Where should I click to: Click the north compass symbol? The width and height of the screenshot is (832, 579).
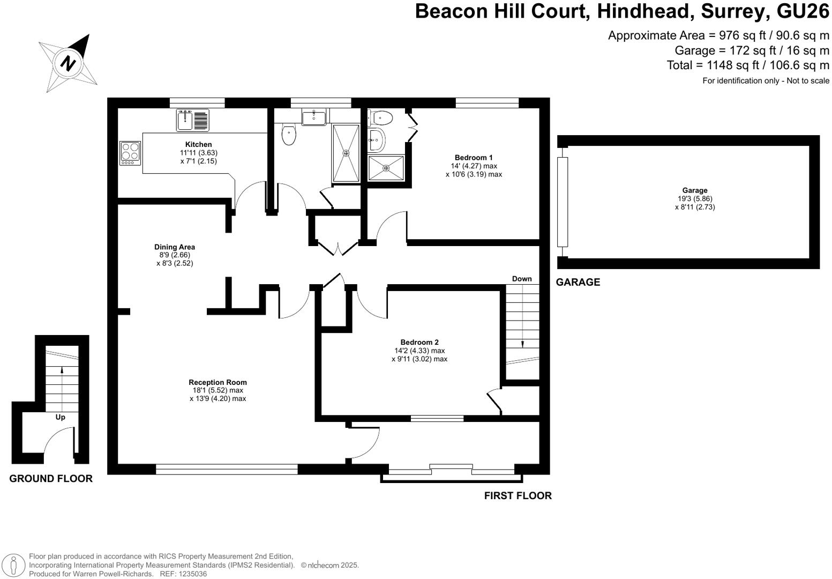(68, 62)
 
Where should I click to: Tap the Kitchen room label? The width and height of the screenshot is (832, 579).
(198, 144)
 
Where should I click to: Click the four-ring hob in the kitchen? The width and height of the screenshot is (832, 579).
(130, 153)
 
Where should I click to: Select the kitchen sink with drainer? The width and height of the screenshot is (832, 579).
(193, 120)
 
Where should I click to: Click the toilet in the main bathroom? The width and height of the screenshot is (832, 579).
(289, 135)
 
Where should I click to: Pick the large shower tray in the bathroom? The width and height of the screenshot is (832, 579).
(346, 153)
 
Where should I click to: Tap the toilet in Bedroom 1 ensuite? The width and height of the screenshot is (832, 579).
(381, 116)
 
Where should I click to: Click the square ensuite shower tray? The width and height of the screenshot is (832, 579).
(386, 168)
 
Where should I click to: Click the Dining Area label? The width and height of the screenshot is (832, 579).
(175, 247)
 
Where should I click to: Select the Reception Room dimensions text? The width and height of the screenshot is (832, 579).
(218, 395)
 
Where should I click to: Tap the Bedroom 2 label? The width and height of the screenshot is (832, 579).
(419, 343)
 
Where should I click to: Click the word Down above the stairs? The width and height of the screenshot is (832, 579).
(521, 279)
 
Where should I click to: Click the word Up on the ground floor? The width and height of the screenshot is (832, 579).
(61, 417)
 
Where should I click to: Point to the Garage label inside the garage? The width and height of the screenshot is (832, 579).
(694, 190)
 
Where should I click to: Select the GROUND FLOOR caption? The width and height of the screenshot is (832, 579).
(51, 479)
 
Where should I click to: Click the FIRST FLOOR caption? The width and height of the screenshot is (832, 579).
(518, 496)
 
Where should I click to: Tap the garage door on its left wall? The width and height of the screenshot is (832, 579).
(562, 202)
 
